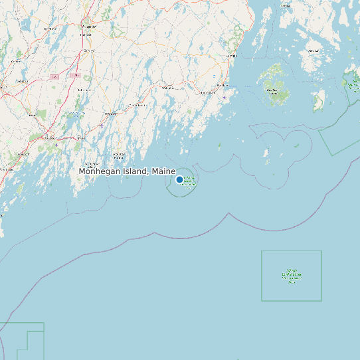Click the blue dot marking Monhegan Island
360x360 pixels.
[179, 179]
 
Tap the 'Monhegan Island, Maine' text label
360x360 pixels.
[127, 171]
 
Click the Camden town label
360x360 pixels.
[232, 56]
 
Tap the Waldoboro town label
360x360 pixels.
[168, 88]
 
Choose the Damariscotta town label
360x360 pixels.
[137, 105]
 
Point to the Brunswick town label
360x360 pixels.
[50, 137]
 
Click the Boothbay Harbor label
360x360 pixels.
[119, 155]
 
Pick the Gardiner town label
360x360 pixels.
[87, 49]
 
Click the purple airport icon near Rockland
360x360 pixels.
[225, 97]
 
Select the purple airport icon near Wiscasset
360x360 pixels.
[101, 124]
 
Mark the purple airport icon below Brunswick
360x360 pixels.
[56, 144]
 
